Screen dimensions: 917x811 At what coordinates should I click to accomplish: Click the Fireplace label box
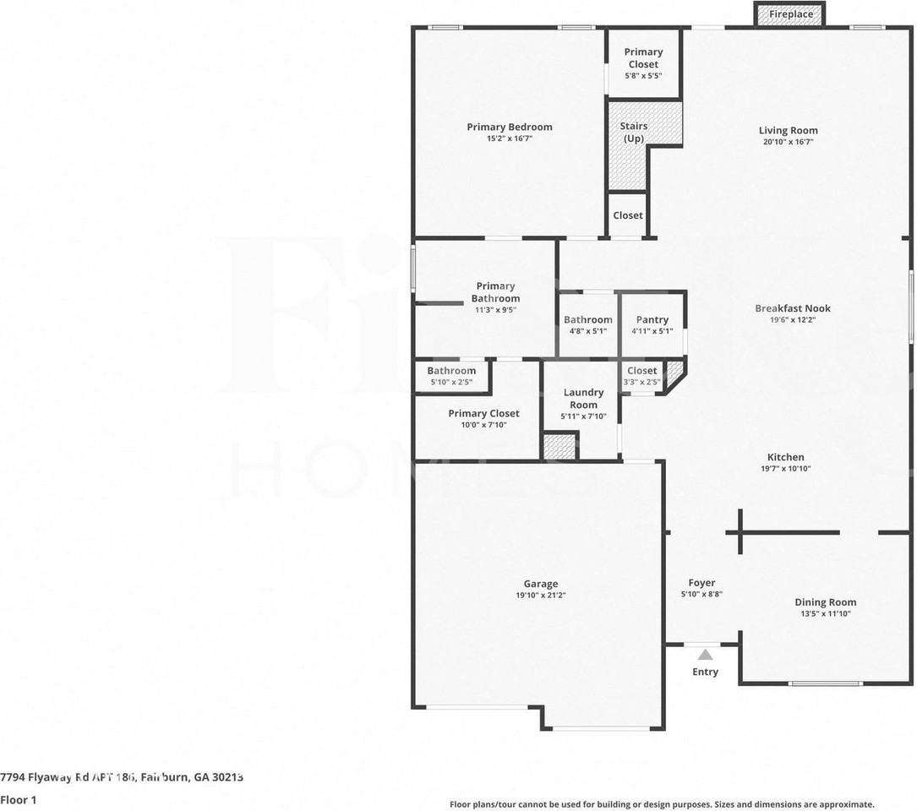tap(791, 14)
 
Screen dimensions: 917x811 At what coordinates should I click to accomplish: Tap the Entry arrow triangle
tap(706, 655)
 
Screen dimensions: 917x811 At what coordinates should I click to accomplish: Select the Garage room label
tap(540, 584)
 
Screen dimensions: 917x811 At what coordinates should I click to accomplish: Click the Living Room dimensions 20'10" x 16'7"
tap(789, 141)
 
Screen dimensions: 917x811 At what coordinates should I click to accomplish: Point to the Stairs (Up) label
tap(634, 132)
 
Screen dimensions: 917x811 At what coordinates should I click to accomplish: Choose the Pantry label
tap(652, 320)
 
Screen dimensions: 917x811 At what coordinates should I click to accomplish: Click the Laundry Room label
tap(583, 398)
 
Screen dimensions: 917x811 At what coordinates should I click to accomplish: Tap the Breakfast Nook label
tap(793, 308)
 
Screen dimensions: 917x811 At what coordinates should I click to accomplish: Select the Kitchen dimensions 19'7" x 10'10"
tap(785, 468)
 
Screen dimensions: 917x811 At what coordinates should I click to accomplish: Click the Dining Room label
tap(825, 602)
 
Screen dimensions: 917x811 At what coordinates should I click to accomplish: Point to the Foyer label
tap(701, 583)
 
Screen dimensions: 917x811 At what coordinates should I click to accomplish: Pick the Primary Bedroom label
tap(510, 127)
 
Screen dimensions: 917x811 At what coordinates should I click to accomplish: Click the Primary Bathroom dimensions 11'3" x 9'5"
tap(495, 310)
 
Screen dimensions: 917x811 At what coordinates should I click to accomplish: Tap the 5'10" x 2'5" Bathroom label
tap(451, 371)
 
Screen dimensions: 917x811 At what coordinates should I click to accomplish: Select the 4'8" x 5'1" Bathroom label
tap(588, 320)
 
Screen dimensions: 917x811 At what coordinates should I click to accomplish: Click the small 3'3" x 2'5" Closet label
tap(642, 371)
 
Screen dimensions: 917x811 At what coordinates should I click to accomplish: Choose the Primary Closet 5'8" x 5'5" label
tap(643, 58)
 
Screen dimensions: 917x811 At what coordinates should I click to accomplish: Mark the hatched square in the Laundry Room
tap(559, 447)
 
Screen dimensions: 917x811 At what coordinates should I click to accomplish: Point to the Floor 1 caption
tap(18, 800)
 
